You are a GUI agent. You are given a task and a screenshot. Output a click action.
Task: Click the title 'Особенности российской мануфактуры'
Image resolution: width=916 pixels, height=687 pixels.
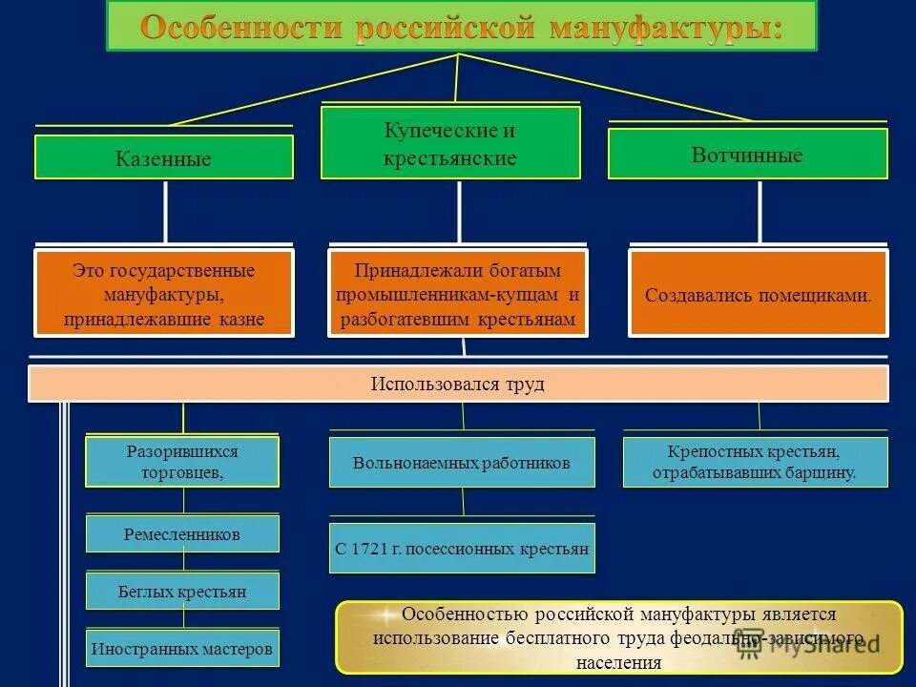[461, 27]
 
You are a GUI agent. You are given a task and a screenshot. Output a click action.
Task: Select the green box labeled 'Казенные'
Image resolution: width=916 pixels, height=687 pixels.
[164, 157]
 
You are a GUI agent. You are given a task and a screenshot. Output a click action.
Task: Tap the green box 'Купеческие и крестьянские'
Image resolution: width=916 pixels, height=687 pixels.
[450, 143]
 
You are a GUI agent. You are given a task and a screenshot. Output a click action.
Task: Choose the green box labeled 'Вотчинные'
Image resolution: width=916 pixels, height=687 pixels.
[747, 155]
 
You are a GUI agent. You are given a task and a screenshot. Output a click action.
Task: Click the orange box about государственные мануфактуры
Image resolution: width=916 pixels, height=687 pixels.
[164, 294]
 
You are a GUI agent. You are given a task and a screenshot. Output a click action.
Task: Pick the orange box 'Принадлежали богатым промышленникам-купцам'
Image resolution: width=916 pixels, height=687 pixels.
[458, 294]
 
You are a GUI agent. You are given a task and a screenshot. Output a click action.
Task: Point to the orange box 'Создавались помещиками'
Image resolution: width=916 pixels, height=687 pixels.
[759, 294]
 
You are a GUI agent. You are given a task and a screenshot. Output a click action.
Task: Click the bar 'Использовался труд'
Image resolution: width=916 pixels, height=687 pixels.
[458, 384]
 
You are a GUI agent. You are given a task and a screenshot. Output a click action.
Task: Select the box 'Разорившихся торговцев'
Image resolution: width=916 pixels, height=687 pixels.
[182, 462]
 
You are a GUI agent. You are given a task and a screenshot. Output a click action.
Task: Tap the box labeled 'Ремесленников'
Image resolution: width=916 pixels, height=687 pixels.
[182, 534]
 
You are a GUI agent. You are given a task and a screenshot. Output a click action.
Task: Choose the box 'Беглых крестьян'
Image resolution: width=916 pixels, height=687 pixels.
[182, 592]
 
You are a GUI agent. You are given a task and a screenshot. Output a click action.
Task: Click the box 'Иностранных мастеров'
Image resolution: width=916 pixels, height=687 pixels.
[182, 649]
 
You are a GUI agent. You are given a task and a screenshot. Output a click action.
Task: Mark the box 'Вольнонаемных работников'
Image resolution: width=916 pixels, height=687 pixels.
[462, 463]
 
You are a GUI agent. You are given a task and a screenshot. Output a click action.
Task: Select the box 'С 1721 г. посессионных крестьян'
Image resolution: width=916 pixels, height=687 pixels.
[462, 549]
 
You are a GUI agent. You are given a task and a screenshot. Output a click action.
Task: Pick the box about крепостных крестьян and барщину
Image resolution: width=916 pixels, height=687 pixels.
[755, 463]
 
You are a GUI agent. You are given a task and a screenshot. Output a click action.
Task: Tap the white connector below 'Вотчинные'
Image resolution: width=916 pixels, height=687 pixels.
[760, 212]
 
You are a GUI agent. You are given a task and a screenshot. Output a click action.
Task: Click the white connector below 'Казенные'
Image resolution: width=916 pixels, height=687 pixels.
[166, 212]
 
